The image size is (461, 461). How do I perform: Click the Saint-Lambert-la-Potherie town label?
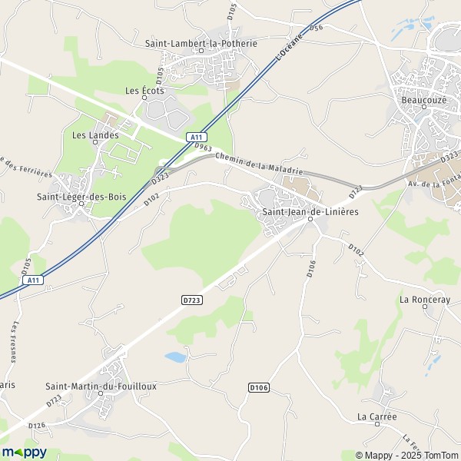pyautogui.click(x=201, y=44)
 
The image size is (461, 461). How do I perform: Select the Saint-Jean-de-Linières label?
pyautogui.click(x=310, y=211)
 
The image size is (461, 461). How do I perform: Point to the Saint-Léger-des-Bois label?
pyautogui.click(x=81, y=197)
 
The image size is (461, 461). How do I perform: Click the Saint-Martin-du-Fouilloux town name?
pyautogui.click(x=101, y=386)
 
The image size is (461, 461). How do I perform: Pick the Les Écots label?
pyautogui.click(x=144, y=91)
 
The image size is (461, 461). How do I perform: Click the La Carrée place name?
pyautogui.click(x=376, y=416)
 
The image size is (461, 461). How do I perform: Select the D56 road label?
pyautogui.click(x=317, y=27)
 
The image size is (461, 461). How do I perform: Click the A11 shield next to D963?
pyautogui.click(x=195, y=137)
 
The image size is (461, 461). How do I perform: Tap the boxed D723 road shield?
pyautogui.click(x=192, y=300)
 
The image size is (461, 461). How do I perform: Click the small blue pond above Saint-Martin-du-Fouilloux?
pyautogui.click(x=176, y=357)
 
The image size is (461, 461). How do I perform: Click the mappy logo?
pyautogui.click(x=24, y=452)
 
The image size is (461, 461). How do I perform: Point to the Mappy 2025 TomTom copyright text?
pyautogui.click(x=404, y=453)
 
